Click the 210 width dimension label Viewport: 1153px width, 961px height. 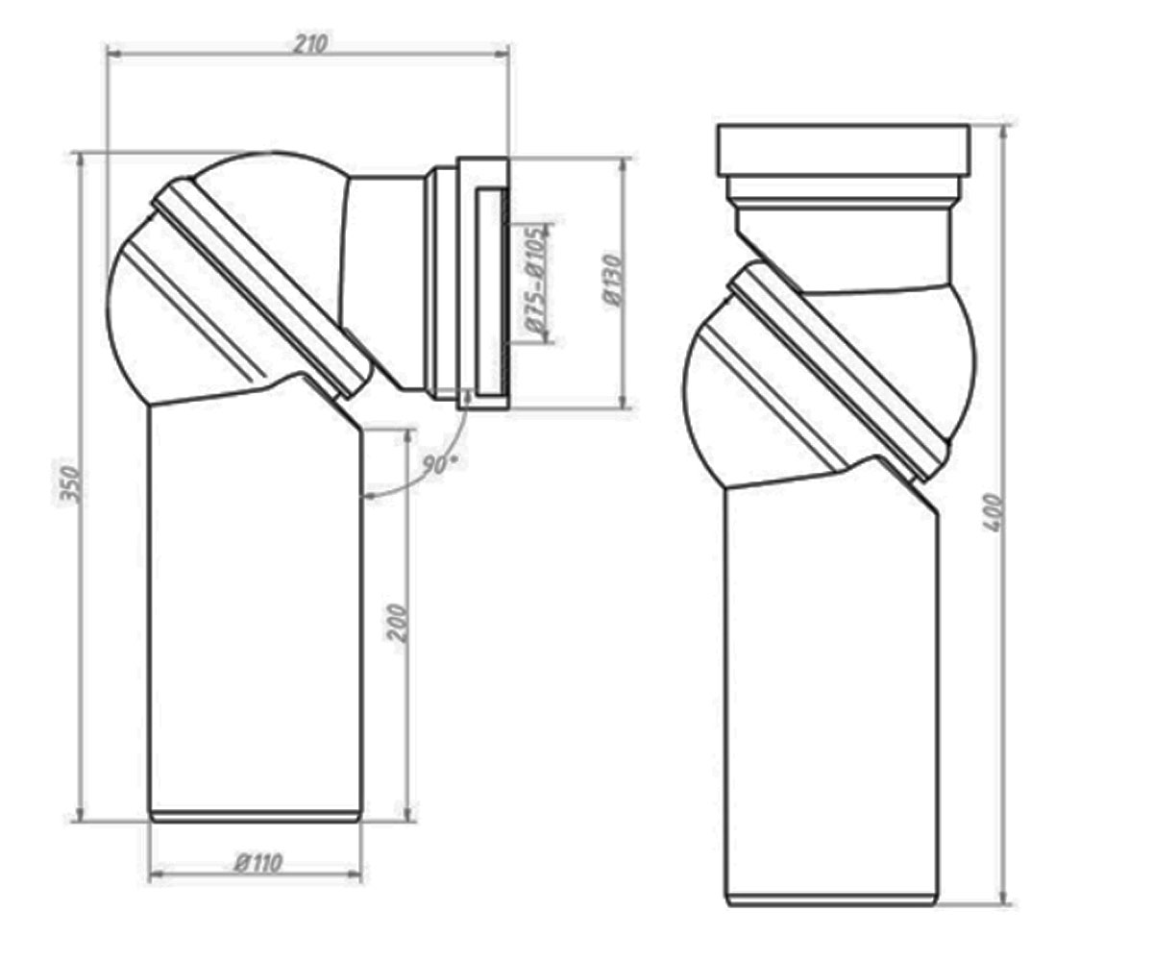[310, 43]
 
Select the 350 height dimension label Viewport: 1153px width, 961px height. [71, 485]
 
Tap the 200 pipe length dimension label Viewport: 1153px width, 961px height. [397, 623]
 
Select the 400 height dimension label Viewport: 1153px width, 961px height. [993, 513]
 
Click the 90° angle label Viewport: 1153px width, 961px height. [439, 464]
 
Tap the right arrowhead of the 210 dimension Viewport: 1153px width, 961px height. [502, 53]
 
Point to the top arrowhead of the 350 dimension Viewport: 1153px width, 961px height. [81, 160]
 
